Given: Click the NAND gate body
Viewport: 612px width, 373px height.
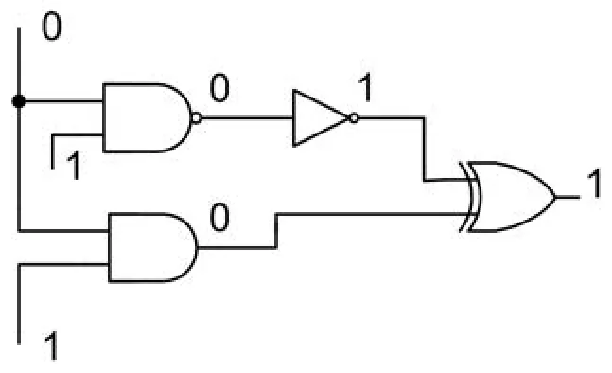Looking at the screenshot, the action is [x=148, y=117].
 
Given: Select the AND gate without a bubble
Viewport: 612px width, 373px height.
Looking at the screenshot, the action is [x=152, y=247].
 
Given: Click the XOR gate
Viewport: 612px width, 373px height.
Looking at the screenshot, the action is [x=512, y=197].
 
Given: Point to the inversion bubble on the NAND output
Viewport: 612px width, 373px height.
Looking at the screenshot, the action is [x=197, y=117].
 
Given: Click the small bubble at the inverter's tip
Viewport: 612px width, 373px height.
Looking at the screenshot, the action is [x=354, y=117].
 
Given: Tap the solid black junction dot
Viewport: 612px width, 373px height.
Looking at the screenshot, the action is [x=19, y=101].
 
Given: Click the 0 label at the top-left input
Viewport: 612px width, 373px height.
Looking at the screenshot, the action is [x=51, y=27].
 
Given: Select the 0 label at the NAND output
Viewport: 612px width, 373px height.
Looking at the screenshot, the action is [x=219, y=88].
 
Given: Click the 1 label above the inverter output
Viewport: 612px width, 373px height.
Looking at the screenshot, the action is [x=365, y=87].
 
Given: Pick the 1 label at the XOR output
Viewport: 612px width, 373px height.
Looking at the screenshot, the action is [x=594, y=183].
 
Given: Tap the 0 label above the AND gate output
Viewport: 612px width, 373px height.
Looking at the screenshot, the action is [x=219, y=218].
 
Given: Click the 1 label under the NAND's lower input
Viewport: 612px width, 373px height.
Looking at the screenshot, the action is [x=74, y=166].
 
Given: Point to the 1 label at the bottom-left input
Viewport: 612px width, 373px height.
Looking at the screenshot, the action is [x=51, y=346].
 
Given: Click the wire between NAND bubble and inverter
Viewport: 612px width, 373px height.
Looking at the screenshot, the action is [x=248, y=117].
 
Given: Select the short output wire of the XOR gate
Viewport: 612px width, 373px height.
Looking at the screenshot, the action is [x=568, y=197].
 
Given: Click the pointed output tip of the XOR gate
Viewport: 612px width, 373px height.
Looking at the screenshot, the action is [x=556, y=197].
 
